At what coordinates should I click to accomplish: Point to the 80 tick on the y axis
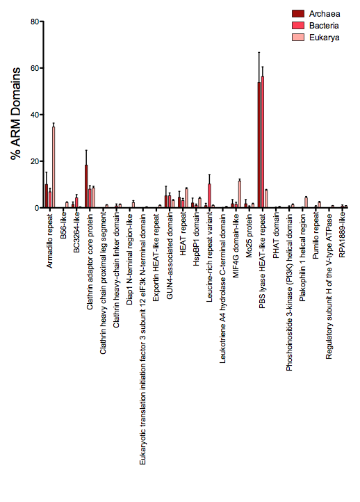[x=31, y=22]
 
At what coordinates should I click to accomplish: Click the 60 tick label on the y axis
[x=31, y=68]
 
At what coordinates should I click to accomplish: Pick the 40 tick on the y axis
[x=31, y=115]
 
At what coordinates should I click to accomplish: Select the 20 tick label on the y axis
[x=31, y=161]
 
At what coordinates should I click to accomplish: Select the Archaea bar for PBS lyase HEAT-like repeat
[x=259, y=145]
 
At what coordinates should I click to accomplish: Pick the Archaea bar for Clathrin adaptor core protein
[x=86, y=186]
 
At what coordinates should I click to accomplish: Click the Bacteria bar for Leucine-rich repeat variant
[x=209, y=196]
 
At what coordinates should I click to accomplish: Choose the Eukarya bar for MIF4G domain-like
[x=240, y=194]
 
